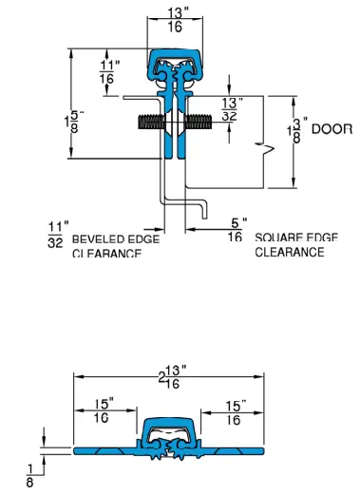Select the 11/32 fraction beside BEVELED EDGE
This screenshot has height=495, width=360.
(56, 234)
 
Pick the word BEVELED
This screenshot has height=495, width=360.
(93, 238)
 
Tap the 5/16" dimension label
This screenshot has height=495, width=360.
(234, 229)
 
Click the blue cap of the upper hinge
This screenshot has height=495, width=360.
(176, 59)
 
